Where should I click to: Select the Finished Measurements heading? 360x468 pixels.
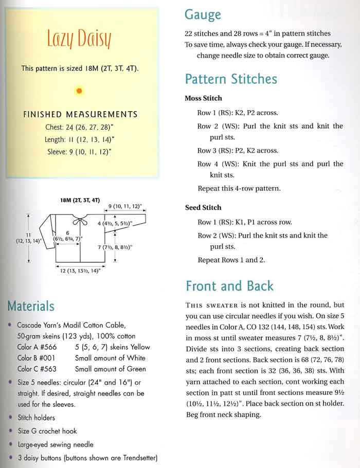80,114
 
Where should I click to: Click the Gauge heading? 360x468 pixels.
203,15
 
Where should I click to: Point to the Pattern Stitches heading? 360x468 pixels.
231,79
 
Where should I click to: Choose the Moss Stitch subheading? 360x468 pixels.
203,98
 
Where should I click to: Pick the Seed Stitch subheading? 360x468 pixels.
203,208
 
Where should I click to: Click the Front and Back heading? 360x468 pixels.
229,286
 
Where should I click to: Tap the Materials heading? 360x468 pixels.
30,307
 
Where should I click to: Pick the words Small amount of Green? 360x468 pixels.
110,369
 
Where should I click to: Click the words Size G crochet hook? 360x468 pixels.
47,431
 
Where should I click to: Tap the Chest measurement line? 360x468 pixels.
80,127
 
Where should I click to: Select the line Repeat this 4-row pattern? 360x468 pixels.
239,188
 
